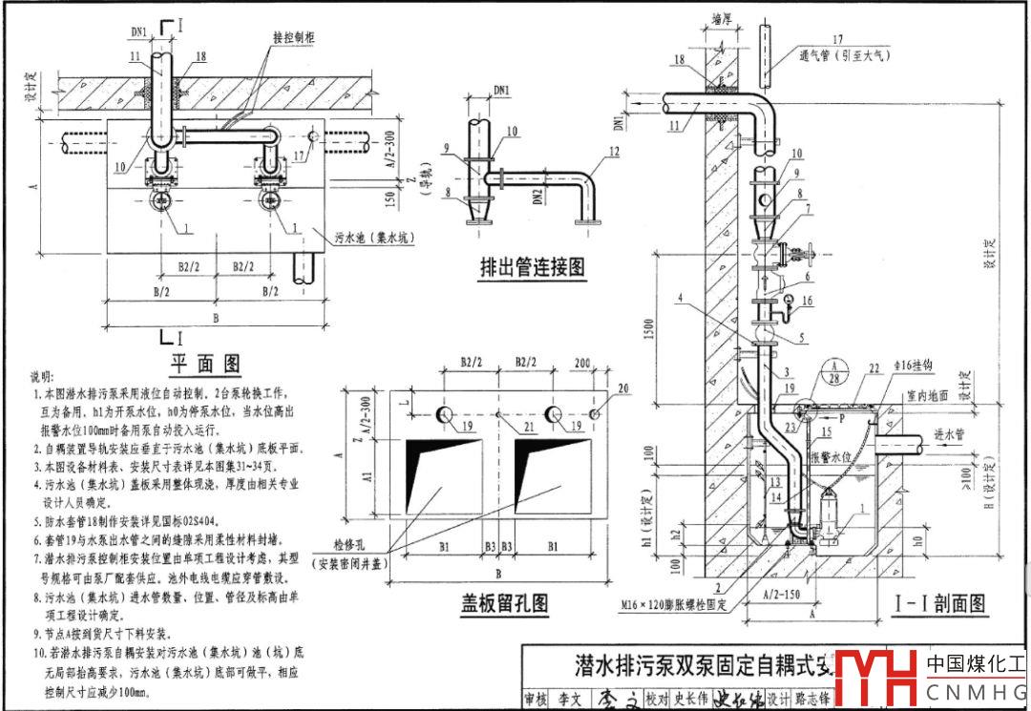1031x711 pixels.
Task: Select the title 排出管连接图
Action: [x=533, y=269]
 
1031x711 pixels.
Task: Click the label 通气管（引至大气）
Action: [x=845, y=55]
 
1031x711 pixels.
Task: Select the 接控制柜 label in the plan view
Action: [x=295, y=39]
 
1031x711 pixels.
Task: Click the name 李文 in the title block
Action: [x=570, y=700]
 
